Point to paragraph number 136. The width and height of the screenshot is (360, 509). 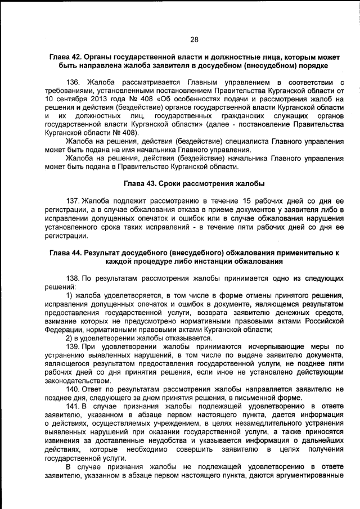pos(74,83)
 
